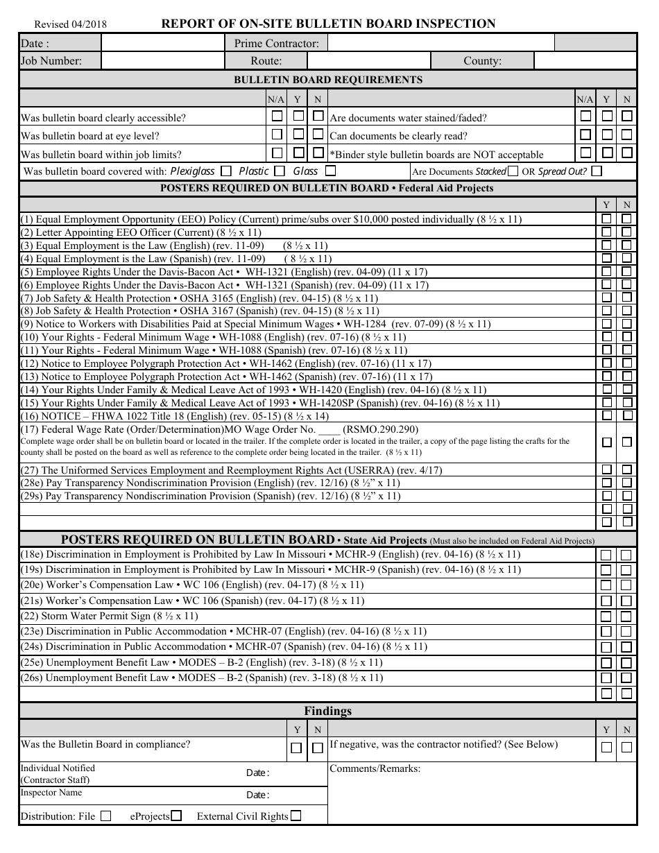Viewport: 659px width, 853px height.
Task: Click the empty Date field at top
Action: (163, 43)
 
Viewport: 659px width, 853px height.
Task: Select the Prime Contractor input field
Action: (440, 43)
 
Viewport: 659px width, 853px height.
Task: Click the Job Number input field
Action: (163, 61)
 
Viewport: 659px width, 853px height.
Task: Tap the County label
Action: (482, 61)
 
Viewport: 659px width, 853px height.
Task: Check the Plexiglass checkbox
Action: (225, 171)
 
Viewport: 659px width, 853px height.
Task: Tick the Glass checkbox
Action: (330, 171)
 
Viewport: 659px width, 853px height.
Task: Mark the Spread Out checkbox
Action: (597, 171)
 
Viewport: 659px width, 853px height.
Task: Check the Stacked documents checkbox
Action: (513, 171)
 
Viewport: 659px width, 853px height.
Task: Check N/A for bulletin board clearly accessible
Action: (277, 115)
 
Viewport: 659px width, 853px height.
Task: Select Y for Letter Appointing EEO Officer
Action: (606, 232)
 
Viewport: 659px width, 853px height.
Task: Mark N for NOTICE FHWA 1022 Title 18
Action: (627, 415)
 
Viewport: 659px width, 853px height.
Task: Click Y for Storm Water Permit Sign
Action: (606, 616)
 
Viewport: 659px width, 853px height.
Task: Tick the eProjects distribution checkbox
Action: (177, 816)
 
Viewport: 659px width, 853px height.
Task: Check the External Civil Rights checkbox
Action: (296, 816)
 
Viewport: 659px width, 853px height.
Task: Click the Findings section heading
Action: (327, 711)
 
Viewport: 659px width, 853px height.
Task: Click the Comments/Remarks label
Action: (375, 768)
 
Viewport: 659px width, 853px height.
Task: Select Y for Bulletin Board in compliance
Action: (296, 748)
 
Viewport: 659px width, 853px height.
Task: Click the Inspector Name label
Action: (51, 793)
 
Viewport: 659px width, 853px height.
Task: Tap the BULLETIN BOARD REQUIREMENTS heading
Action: (327, 80)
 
